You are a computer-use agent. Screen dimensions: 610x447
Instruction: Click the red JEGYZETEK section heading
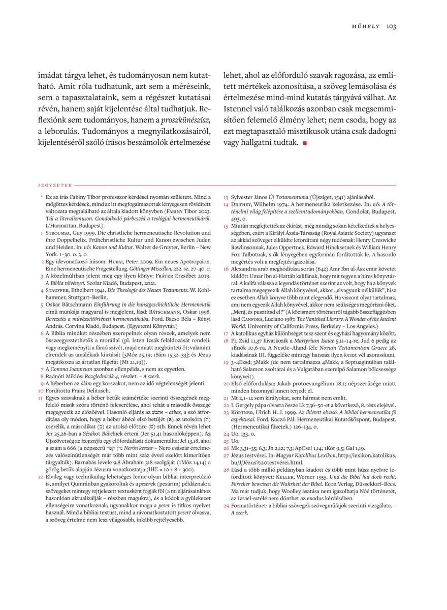tap(55, 185)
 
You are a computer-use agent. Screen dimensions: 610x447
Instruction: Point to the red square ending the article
tap(305, 143)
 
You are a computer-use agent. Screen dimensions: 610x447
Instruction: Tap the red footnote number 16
tap(226, 267)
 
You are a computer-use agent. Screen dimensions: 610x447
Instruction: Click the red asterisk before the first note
tap(41, 197)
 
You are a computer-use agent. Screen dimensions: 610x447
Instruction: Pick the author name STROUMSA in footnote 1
tap(58, 231)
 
